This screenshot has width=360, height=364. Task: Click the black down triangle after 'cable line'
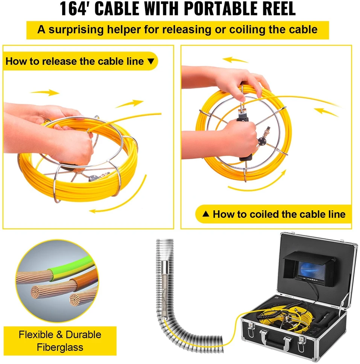pyautogui.click(x=151, y=61)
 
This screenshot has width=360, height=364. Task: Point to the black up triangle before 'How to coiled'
pyautogui.click(x=206, y=214)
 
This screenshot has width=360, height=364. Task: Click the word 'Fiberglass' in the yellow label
pyautogui.click(x=60, y=347)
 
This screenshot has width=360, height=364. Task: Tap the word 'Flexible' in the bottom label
pyautogui.click(x=36, y=335)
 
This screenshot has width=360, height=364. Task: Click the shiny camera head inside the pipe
pyautogui.click(x=165, y=267)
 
